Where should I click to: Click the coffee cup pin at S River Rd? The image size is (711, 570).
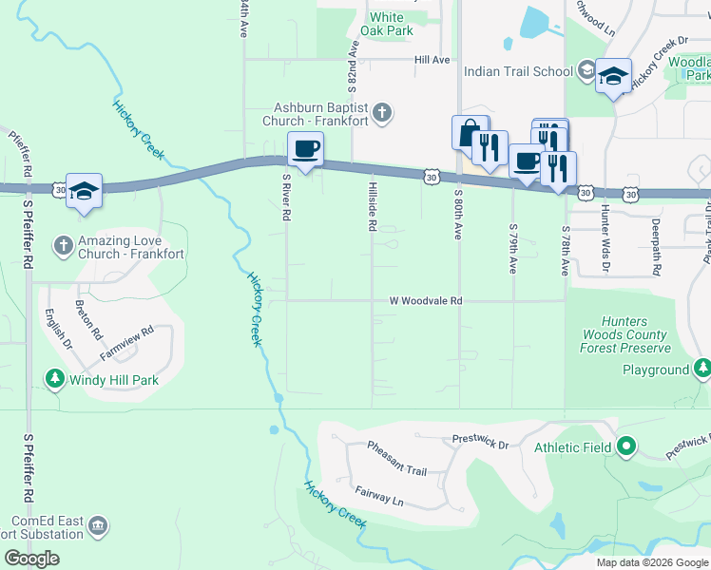coord(305,149)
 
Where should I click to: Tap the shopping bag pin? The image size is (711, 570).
coord(470,133)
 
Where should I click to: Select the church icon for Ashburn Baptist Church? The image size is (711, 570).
coord(381,114)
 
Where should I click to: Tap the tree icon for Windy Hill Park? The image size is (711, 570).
coord(55,380)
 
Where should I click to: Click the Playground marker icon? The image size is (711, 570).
coord(701,370)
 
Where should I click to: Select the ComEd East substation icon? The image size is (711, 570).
coord(97,525)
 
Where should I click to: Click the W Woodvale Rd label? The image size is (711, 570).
coord(425,300)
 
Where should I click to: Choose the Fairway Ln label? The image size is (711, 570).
coord(379,495)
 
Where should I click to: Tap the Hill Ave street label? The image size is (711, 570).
coord(432,60)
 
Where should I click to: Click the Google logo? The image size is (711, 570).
coord(31,559)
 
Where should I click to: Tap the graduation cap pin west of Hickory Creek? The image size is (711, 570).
coord(84,191)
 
